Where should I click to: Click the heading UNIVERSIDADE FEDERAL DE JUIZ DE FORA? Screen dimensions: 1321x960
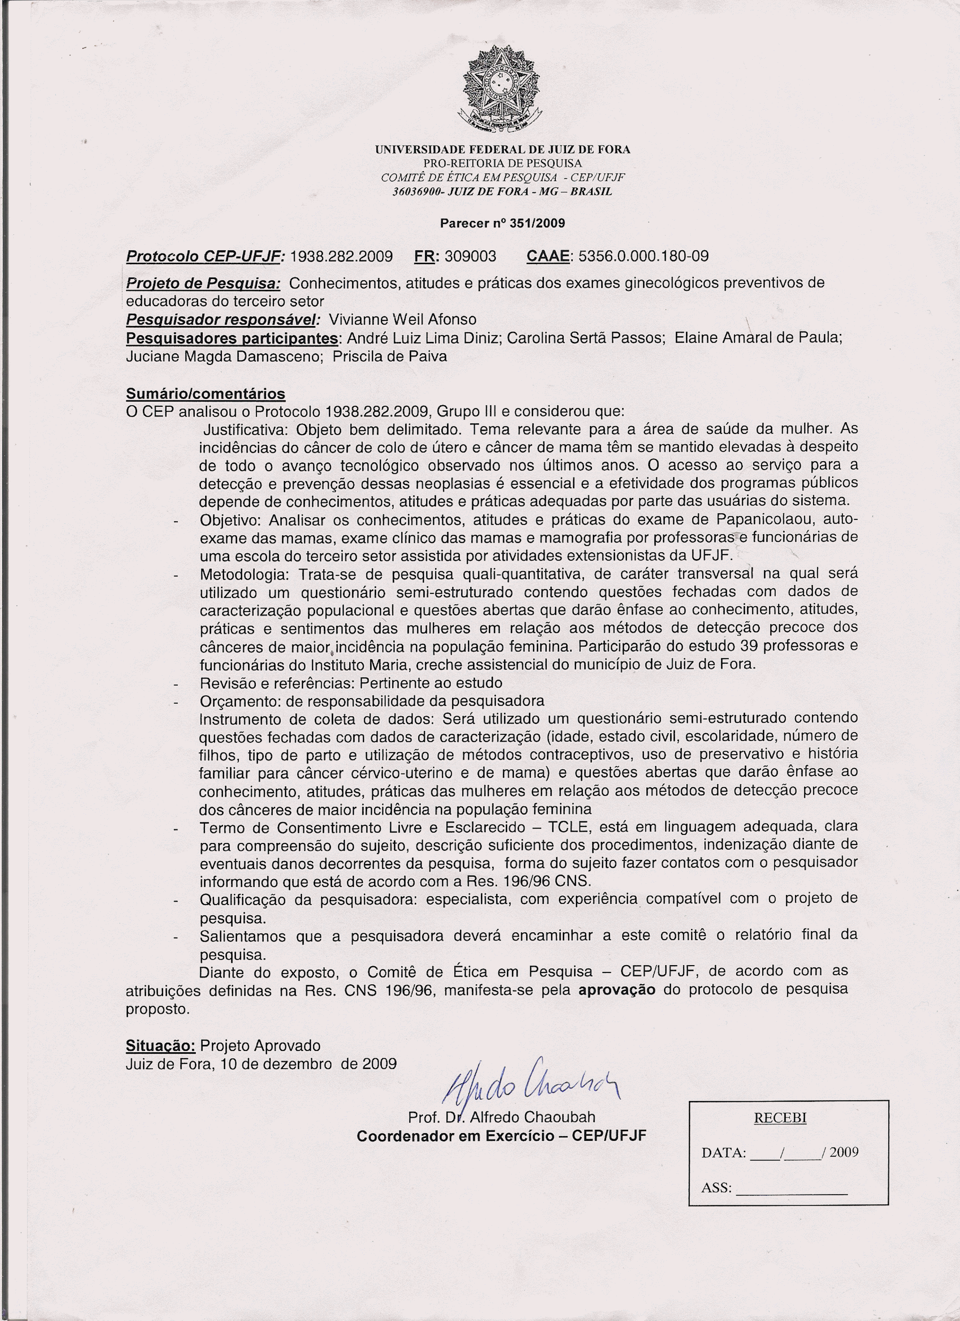point(502,150)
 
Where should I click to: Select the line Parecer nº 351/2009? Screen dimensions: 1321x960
point(502,223)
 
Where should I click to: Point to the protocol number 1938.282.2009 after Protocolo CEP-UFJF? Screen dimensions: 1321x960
point(341,256)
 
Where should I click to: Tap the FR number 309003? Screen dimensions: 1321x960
point(471,256)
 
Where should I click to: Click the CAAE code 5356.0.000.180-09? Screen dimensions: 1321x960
point(643,256)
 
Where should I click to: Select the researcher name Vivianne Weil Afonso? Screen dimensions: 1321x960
point(402,320)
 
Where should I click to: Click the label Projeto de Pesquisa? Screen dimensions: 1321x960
point(203,284)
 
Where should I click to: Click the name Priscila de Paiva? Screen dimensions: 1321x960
point(390,357)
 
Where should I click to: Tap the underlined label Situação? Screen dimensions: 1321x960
point(161,1045)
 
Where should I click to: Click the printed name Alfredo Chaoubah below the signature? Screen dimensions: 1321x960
point(532,1117)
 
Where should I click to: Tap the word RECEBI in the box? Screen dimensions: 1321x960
point(780,1118)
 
